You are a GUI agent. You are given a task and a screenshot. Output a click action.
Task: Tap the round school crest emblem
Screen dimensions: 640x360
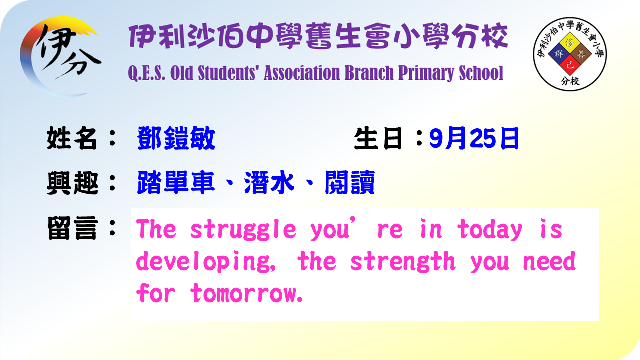pos(570,54)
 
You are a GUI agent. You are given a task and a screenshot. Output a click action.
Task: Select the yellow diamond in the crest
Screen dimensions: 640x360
pos(570,43)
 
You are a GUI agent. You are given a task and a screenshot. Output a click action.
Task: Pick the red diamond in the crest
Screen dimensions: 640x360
pos(570,65)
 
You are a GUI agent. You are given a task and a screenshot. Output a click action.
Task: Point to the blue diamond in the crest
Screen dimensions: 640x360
pos(559,54)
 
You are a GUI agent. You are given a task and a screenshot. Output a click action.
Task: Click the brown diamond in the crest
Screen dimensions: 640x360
pos(581,54)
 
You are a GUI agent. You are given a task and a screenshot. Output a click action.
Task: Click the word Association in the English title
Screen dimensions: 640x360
pos(302,73)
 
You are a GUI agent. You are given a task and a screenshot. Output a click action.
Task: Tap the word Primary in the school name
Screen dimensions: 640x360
pos(426,73)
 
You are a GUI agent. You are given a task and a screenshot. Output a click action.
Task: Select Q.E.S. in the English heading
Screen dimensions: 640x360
pos(147,73)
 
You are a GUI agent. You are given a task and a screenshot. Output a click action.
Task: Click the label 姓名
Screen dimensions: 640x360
pos(72,138)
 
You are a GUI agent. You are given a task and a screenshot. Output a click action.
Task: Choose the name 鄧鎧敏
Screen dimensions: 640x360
pos(176,138)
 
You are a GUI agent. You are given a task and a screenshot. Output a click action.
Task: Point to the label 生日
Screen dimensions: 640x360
pos(378,138)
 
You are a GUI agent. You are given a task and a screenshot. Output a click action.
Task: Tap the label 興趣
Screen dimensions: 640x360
pos(72,183)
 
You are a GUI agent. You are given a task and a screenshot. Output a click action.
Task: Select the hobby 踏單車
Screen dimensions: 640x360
pos(175,183)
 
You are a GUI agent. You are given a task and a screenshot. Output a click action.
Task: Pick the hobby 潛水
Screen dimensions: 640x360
pos(269,183)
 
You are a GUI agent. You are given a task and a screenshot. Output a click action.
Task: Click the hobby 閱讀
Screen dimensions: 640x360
pos(350,183)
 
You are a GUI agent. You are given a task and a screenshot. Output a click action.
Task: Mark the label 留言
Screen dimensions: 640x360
pos(73,228)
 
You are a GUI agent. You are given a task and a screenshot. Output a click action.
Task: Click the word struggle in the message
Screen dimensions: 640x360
pos(243,230)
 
